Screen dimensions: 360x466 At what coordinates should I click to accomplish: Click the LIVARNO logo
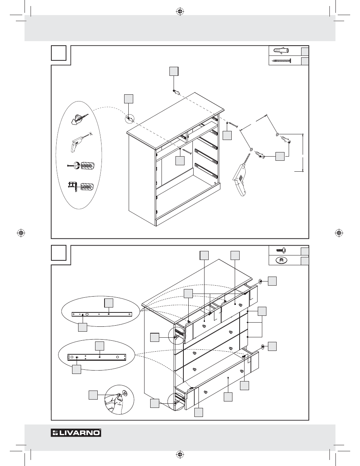[x=76, y=432]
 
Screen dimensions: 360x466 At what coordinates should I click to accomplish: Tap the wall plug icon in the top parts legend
[x=281, y=51]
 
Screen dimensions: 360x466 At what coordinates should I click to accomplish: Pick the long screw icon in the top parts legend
[x=281, y=61]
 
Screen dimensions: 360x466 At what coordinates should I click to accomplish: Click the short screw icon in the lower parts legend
[x=281, y=250]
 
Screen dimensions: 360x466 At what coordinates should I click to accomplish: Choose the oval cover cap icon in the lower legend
[x=281, y=260]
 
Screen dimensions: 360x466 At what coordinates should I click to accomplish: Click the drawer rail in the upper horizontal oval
[x=102, y=314]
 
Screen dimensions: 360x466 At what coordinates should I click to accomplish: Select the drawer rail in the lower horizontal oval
[x=97, y=357]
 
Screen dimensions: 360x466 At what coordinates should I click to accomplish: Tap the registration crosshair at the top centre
[x=180, y=12]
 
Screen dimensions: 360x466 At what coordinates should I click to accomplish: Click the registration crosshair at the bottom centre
[x=180, y=454]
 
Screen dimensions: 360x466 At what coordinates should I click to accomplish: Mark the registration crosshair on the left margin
[x=21, y=233]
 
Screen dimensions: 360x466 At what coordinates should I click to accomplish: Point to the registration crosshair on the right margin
[x=339, y=233]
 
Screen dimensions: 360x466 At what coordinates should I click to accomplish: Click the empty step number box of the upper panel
[x=58, y=53]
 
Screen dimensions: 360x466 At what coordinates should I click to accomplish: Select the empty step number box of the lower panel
[x=58, y=253]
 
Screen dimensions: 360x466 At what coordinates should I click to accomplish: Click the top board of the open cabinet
[x=175, y=120]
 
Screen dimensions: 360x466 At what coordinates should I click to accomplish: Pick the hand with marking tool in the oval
[x=79, y=119]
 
